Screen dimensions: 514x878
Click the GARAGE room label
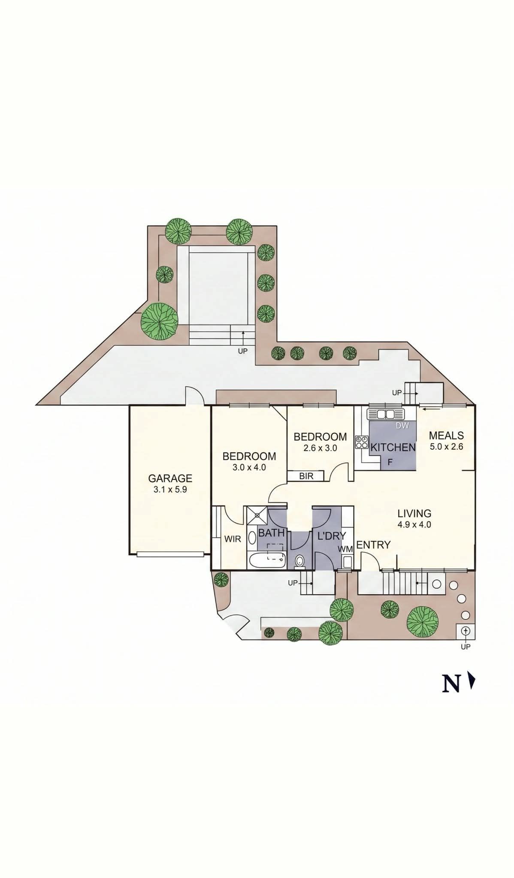pyautogui.click(x=170, y=478)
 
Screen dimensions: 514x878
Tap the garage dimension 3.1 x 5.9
pyautogui.click(x=170, y=489)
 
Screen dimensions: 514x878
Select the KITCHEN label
pyautogui.click(x=393, y=447)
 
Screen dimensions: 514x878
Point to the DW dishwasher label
pyautogui.click(x=402, y=425)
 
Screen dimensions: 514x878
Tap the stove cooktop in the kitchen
pyautogui.click(x=362, y=442)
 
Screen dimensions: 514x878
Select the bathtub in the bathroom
pyautogui.click(x=267, y=560)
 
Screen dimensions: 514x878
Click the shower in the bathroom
pyautogui.click(x=257, y=515)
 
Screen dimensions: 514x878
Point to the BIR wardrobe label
pyautogui.click(x=306, y=476)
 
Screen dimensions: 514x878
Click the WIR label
pyautogui.click(x=233, y=539)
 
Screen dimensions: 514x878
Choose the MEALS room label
pyautogui.click(x=446, y=436)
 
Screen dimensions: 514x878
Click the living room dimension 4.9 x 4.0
pyautogui.click(x=414, y=524)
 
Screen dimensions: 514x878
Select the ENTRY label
pyautogui.click(x=373, y=545)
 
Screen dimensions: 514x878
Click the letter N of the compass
pyautogui.click(x=451, y=684)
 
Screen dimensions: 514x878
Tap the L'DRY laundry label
pyautogui.click(x=331, y=536)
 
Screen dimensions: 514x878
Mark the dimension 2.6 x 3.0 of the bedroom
pyautogui.click(x=320, y=448)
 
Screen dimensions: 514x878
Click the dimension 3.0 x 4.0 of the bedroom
pyautogui.click(x=249, y=467)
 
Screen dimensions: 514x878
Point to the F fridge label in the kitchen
pyautogui.click(x=390, y=463)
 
